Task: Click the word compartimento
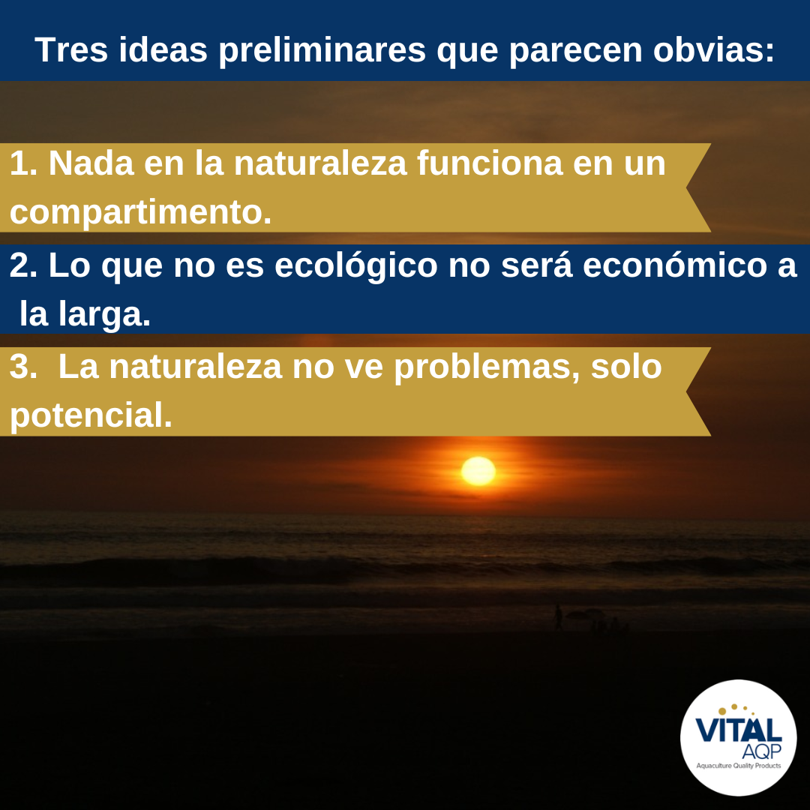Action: (x=140, y=212)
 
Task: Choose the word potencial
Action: (x=90, y=416)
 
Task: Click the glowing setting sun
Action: (x=478, y=470)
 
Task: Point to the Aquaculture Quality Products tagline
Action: (x=739, y=766)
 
